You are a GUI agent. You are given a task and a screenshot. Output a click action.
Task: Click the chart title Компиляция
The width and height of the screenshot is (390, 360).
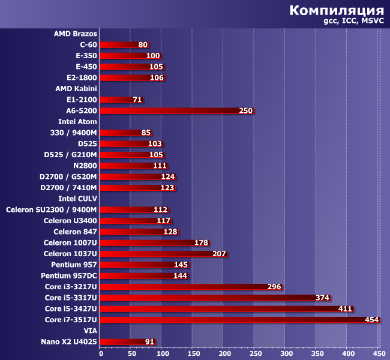pos(337,11)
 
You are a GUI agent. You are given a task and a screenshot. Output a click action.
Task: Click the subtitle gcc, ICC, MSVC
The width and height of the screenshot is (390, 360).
pos(353,22)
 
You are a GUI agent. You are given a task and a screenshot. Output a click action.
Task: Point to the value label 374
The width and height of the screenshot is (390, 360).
pos(322,298)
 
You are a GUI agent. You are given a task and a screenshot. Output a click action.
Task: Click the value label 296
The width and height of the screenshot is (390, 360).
pos(274,287)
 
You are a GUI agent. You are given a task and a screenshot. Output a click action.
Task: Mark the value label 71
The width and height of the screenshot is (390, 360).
pos(137,100)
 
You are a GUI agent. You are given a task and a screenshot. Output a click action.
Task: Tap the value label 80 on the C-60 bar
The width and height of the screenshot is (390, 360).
pos(143,45)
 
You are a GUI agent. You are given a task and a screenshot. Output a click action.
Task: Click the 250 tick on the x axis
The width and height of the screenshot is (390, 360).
pos(255,354)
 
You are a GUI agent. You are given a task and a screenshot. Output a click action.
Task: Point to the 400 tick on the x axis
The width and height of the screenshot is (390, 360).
pos(348,354)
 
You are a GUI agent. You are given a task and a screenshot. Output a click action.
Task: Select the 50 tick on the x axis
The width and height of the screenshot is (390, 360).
pos(130,354)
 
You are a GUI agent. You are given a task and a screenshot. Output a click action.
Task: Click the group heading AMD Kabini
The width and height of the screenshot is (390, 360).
pos(76,89)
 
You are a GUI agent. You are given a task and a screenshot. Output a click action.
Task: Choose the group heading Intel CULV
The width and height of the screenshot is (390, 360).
pos(78,199)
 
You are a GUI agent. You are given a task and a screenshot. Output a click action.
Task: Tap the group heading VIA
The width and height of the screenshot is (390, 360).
pos(91,331)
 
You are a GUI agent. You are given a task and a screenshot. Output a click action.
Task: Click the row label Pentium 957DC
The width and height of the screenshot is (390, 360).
pos(69,276)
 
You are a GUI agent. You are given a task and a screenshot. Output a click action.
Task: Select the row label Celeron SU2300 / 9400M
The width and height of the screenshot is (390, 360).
pos(52,210)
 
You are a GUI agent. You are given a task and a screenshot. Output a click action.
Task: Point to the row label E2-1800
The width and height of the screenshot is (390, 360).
pos(82,78)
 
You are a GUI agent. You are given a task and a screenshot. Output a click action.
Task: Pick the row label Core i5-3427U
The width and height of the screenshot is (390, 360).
pos(71,309)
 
